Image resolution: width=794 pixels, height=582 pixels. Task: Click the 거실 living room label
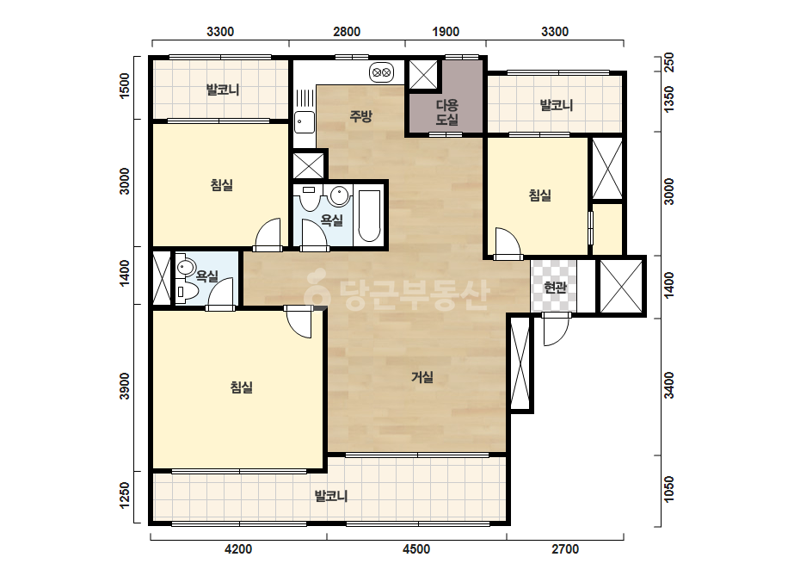click(x=422, y=377)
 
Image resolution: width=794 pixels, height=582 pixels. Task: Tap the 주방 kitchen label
click(x=360, y=116)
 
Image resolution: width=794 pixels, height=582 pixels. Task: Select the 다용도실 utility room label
click(x=447, y=112)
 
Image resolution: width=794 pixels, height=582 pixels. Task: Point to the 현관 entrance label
click(x=555, y=288)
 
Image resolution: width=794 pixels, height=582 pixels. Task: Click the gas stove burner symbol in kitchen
click(x=382, y=72)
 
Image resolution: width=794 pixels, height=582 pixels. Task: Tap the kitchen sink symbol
click(x=305, y=122)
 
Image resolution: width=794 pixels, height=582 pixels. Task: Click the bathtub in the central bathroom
click(x=369, y=216)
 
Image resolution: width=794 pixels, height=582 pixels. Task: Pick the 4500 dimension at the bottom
click(x=416, y=549)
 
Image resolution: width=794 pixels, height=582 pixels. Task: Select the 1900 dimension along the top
click(x=446, y=32)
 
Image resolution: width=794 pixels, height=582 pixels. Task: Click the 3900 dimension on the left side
click(x=125, y=387)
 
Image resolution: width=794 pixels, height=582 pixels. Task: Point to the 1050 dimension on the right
click(x=669, y=489)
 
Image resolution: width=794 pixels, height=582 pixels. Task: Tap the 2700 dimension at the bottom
click(x=564, y=549)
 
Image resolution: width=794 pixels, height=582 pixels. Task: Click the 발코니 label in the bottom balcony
click(x=331, y=496)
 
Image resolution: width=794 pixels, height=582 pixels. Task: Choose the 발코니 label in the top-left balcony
click(x=223, y=90)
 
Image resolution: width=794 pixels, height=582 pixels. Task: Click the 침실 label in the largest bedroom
click(x=241, y=387)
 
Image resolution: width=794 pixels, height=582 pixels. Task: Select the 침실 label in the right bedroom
click(x=539, y=195)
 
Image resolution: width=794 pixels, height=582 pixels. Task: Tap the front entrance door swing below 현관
click(x=557, y=329)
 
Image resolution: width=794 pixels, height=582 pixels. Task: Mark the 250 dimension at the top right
click(x=669, y=63)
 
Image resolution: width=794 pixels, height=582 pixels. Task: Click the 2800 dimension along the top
click(x=347, y=32)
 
